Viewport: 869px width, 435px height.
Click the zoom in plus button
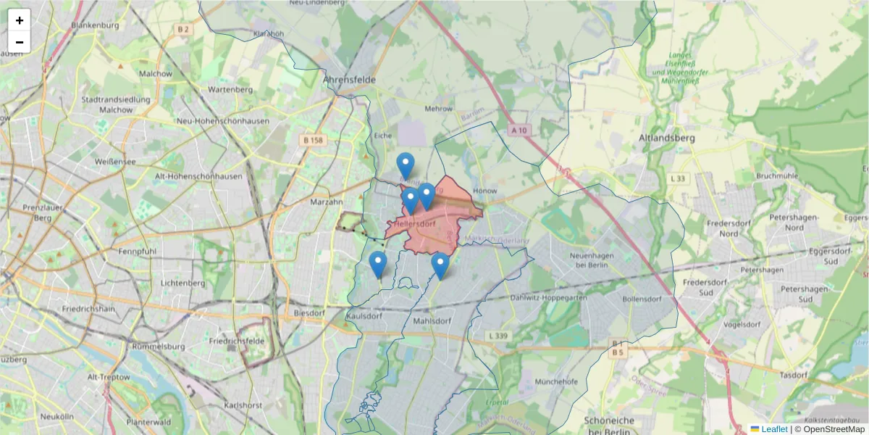pos(20,20)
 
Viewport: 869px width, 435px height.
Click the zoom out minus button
pos(20,42)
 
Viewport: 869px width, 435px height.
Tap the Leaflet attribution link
pos(774,429)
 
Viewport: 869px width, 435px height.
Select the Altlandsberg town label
pos(667,137)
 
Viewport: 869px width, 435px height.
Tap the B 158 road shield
pos(313,140)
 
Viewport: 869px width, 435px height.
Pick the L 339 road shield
pos(498,336)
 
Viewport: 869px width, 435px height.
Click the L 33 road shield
pos(678,178)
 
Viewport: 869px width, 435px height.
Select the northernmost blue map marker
pos(406,166)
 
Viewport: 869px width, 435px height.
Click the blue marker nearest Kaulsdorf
pos(377,265)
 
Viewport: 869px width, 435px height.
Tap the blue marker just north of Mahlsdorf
pos(440,265)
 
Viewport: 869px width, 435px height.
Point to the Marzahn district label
pos(325,202)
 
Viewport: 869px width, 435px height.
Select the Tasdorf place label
pos(794,375)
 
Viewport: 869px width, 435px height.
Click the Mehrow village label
pos(439,109)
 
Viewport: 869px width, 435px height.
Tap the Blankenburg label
pos(95,25)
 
